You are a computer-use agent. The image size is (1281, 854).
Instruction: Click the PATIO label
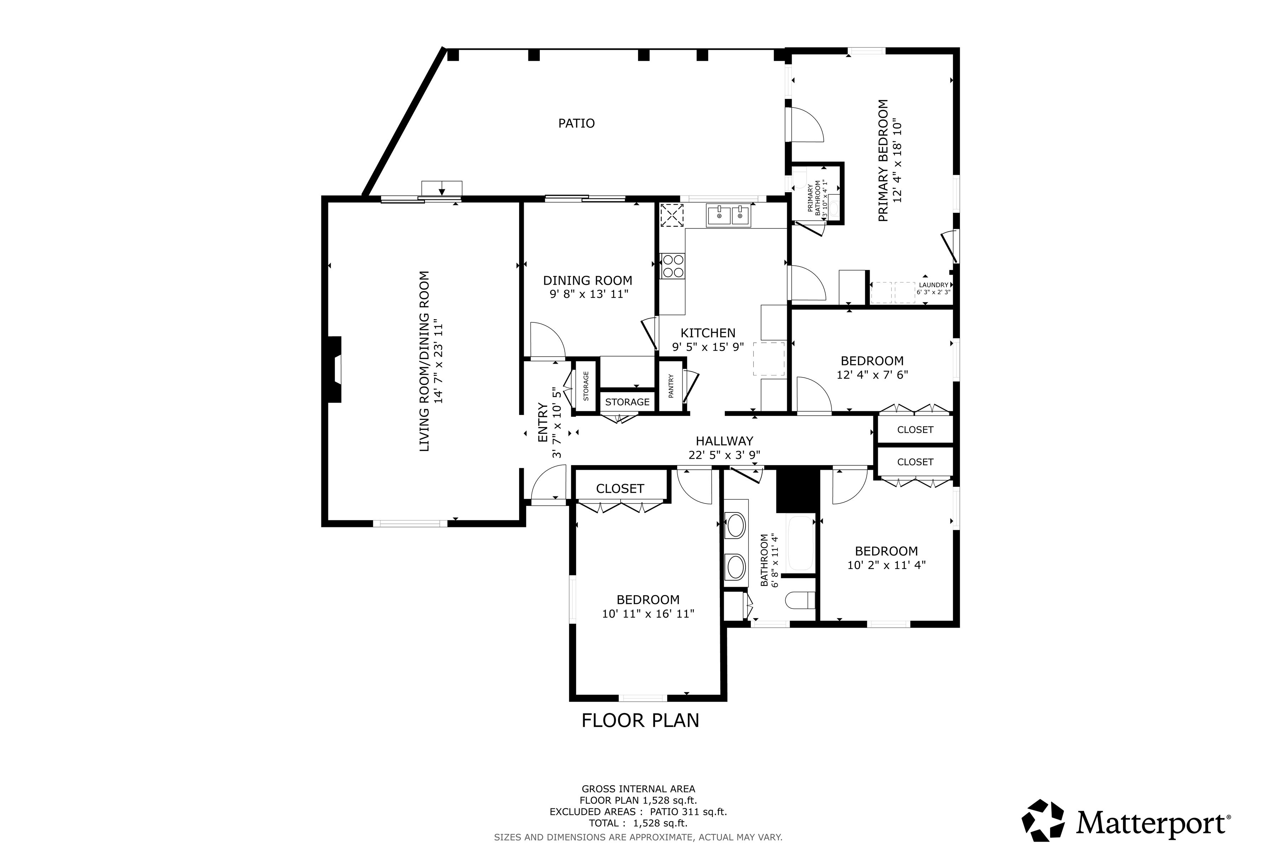click(576, 123)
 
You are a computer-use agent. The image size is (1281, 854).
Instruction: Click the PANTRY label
click(671, 386)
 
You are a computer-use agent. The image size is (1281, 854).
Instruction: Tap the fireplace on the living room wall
click(334, 370)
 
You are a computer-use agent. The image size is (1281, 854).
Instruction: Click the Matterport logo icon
click(1043, 820)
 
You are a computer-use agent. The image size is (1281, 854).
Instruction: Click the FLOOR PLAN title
click(640, 721)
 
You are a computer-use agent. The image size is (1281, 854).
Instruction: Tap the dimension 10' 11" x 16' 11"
click(648, 614)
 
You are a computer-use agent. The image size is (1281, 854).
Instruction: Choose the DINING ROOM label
click(588, 280)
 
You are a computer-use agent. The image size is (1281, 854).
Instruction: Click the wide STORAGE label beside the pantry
click(627, 402)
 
